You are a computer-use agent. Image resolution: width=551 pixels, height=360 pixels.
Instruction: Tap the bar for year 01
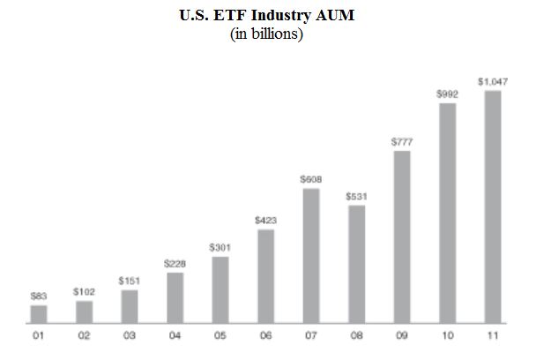pyautogui.click(x=39, y=313)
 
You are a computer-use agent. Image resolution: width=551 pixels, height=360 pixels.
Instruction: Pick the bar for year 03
pyautogui.click(x=130, y=305)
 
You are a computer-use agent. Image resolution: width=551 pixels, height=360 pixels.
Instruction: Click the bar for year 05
pyautogui.click(x=220, y=289)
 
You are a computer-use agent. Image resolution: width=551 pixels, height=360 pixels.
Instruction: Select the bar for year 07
pyautogui.click(x=310, y=255)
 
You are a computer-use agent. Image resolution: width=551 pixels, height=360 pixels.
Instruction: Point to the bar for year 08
pyautogui.click(x=356, y=263)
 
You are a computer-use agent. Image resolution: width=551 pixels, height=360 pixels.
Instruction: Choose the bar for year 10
pyautogui.click(x=447, y=213)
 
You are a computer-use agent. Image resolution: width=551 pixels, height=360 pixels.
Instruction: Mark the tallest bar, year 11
pyautogui.click(x=492, y=206)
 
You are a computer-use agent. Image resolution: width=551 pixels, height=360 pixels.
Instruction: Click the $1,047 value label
pyautogui.click(x=492, y=81)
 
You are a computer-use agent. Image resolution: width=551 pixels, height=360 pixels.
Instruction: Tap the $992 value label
pyautogui.click(x=447, y=93)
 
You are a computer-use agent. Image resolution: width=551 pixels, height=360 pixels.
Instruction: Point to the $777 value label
pyautogui.click(x=402, y=141)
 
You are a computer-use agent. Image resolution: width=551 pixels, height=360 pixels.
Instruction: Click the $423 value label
pyautogui.click(x=266, y=220)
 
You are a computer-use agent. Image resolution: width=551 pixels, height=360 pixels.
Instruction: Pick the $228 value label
pyautogui.click(x=175, y=263)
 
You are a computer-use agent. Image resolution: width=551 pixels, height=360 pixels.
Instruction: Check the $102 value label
pyautogui.click(x=84, y=290)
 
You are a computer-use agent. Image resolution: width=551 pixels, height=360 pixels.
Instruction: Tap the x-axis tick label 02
pyautogui.click(x=84, y=335)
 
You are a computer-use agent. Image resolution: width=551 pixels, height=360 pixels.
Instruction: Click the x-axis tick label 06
pyautogui.click(x=266, y=335)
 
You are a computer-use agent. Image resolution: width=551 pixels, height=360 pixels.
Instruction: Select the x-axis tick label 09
pyautogui.click(x=402, y=335)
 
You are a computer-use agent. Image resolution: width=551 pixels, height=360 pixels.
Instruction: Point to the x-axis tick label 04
pyautogui.click(x=175, y=335)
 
